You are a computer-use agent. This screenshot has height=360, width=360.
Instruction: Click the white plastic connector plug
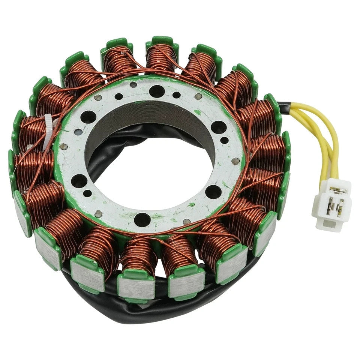point(331,204)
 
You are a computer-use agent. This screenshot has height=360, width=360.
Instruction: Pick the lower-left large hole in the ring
point(79,181)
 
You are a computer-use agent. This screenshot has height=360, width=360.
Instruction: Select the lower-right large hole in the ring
point(213,192)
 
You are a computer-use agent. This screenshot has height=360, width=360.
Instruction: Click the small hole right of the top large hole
point(176,95)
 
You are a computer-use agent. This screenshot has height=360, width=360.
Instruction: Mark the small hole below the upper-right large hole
point(224,141)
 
